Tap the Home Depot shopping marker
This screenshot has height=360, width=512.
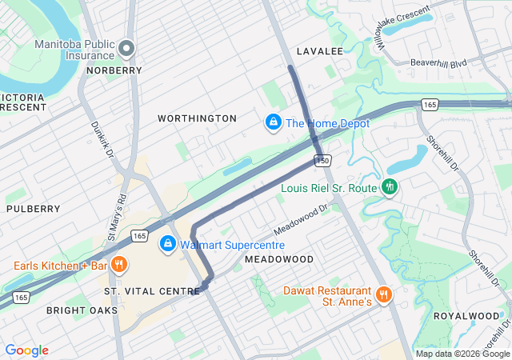pyautogui.click(x=273, y=123)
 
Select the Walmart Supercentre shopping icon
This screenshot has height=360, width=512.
pyautogui.click(x=168, y=244)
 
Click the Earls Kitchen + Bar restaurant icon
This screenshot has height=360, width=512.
pyautogui.click(x=118, y=265)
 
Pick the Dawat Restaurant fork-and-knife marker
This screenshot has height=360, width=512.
pyautogui.click(x=384, y=294)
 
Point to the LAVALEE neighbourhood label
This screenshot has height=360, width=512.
pyautogui.click(x=319, y=51)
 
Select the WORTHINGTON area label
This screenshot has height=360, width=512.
pyautogui.click(x=197, y=118)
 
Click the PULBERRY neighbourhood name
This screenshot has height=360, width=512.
pyautogui.click(x=33, y=209)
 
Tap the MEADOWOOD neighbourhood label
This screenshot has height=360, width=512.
pyautogui.click(x=279, y=260)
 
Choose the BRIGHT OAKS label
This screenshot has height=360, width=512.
pyautogui.click(x=82, y=310)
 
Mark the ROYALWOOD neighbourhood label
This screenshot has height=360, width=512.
pyautogui.click(x=466, y=316)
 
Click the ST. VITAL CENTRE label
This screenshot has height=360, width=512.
pyautogui.click(x=152, y=290)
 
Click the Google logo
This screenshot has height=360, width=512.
pyautogui.click(x=26, y=350)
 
